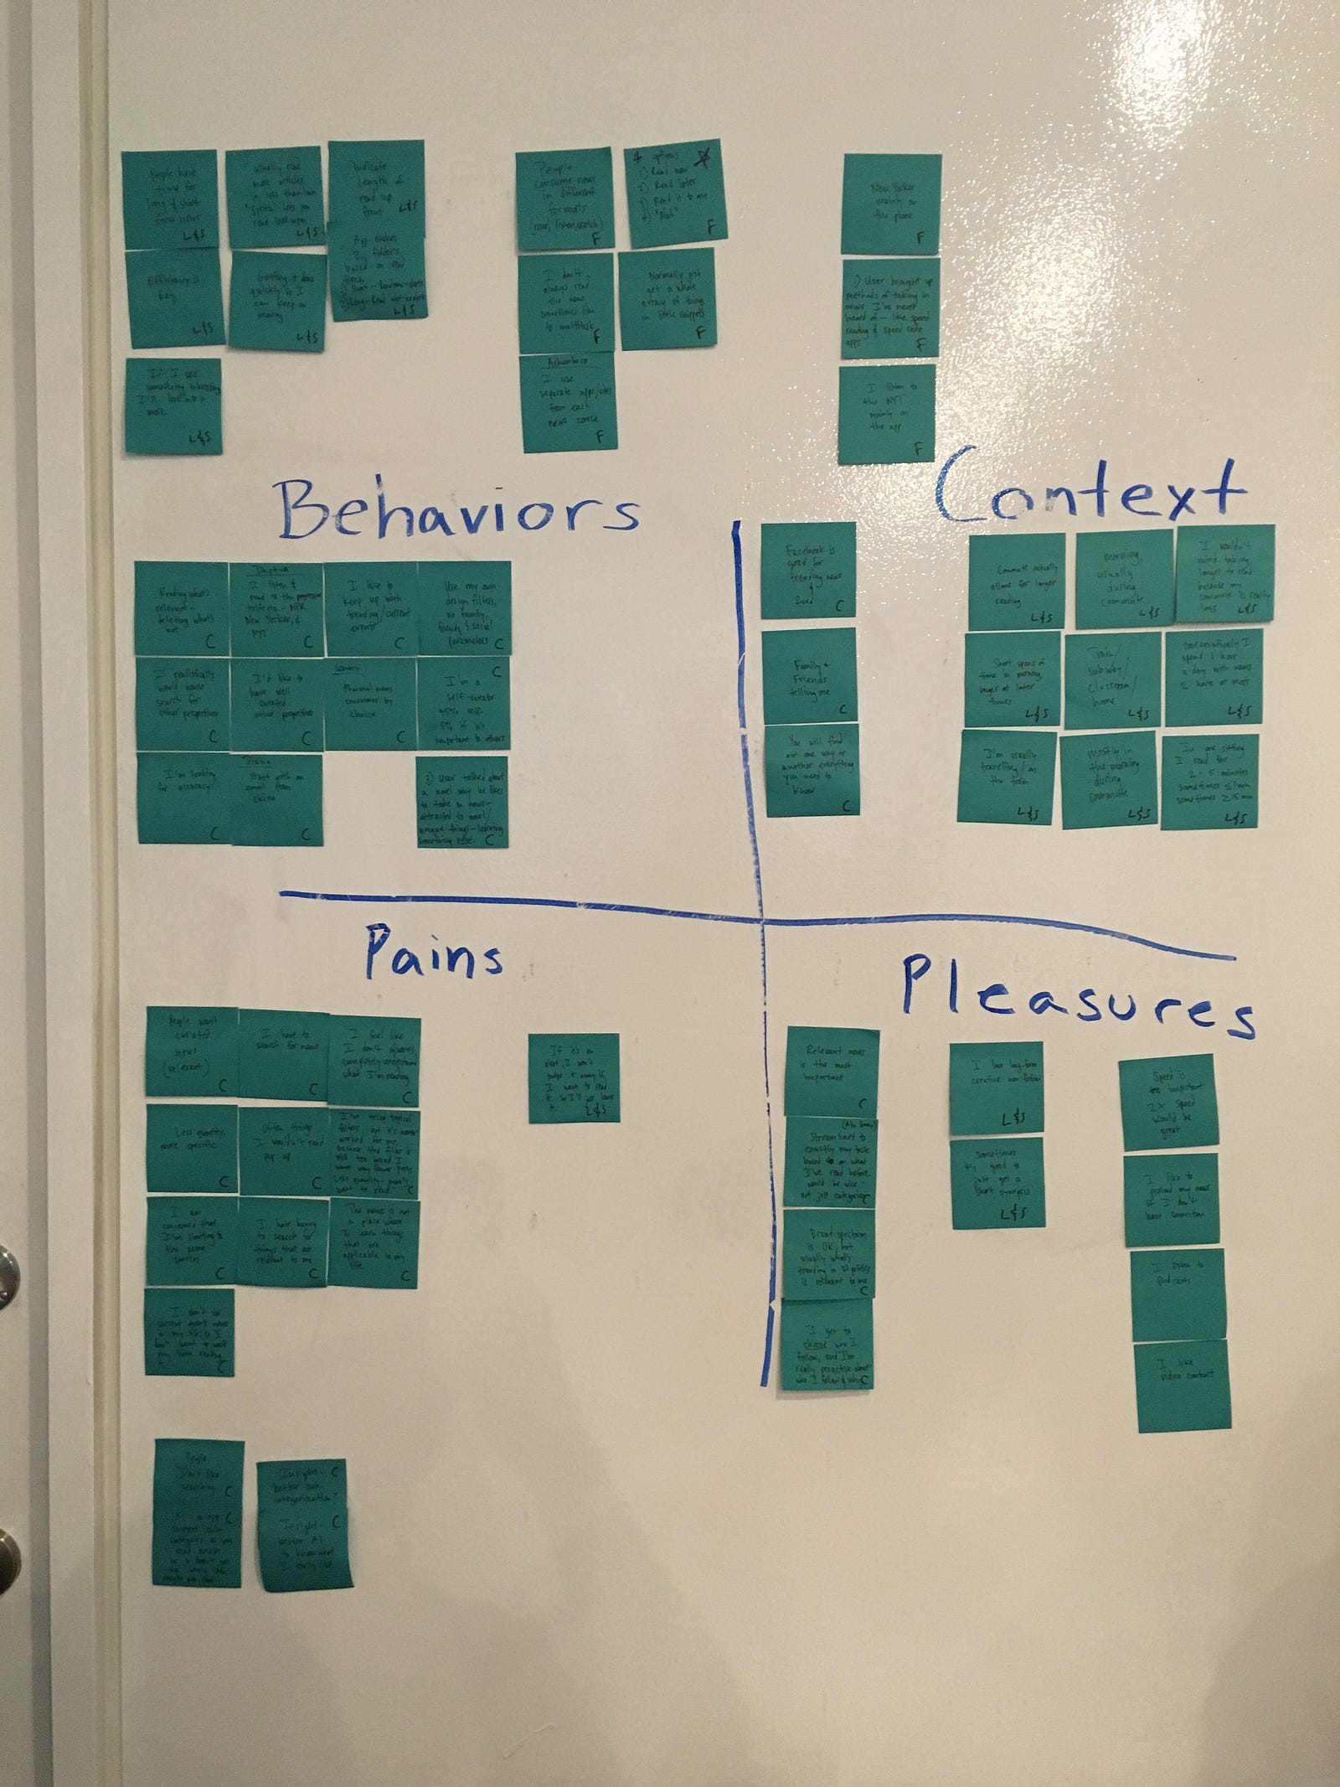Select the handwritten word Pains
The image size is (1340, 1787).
pos(433,953)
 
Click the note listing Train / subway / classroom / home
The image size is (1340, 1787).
pos(1111,679)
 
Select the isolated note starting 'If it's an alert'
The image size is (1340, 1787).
pos(574,1077)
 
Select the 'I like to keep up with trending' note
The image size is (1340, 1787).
pos(369,608)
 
